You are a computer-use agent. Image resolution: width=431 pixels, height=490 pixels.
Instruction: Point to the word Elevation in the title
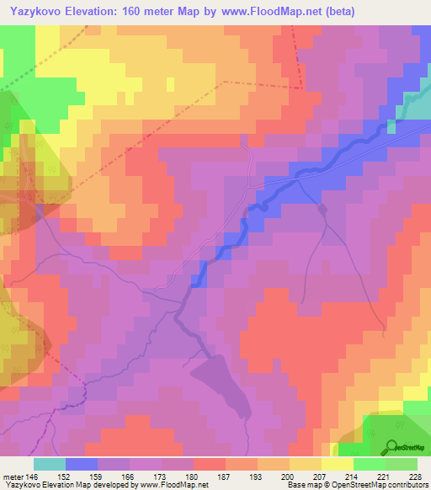(x=107, y=11)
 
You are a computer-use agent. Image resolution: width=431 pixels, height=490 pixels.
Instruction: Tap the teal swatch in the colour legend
(x=49, y=464)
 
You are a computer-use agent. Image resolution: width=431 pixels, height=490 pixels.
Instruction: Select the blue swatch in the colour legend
(x=81, y=464)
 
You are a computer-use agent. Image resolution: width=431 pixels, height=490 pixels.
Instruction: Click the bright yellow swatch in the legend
(x=337, y=464)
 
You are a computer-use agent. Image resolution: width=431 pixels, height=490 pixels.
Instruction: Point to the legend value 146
(x=33, y=476)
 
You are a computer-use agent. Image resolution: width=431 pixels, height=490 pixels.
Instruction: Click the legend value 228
(x=415, y=476)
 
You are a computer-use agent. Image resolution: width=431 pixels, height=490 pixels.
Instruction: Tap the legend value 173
(x=159, y=476)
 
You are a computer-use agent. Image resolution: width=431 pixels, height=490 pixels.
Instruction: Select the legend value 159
(x=96, y=476)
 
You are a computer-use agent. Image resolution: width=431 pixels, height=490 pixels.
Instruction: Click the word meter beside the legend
(x=13, y=476)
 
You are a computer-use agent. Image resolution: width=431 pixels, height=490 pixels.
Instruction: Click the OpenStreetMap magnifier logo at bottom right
(x=392, y=446)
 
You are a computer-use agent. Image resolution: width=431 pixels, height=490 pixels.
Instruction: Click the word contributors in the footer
(x=408, y=485)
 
